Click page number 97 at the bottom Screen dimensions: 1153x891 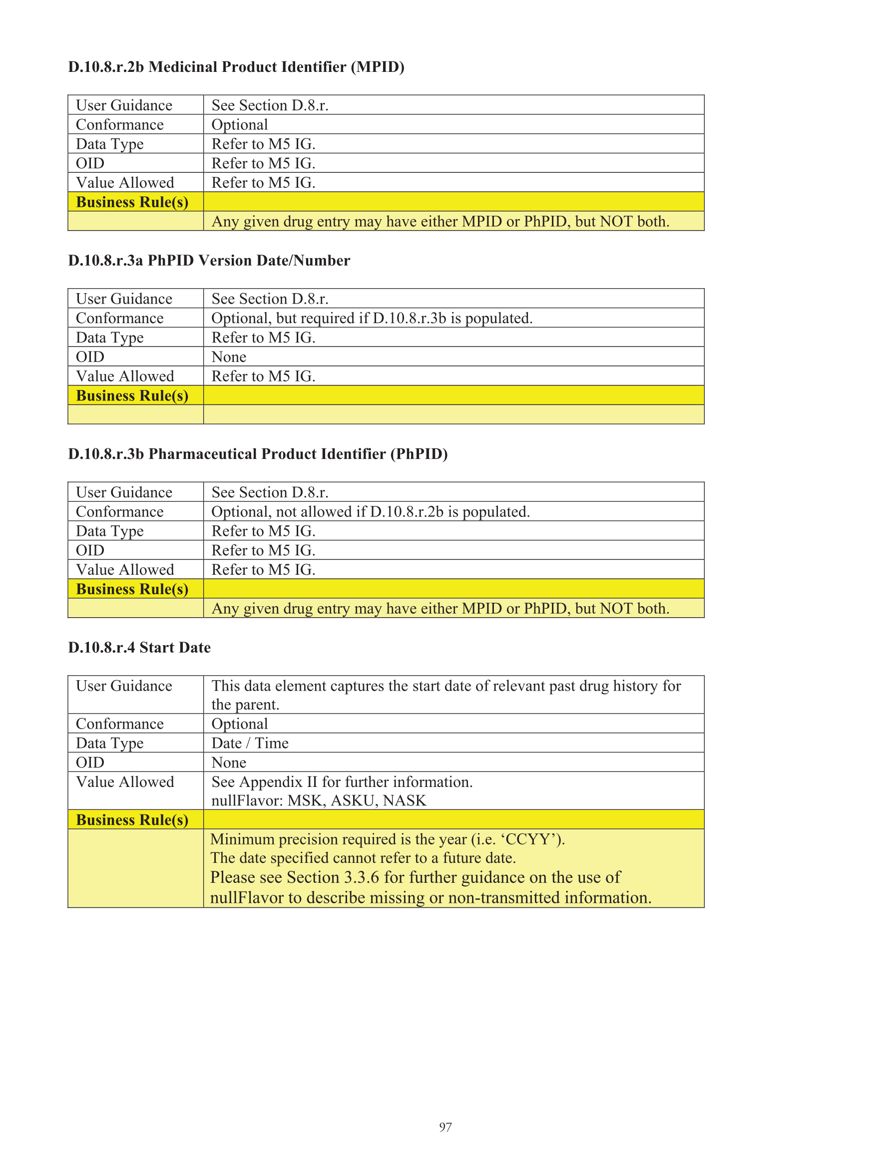point(445,1127)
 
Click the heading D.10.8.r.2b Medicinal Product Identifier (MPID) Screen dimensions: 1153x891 point(236,67)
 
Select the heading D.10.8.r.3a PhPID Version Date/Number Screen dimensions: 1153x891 point(209,261)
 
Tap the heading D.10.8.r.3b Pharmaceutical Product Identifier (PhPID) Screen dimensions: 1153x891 point(258,454)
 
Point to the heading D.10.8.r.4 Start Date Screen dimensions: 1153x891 point(139,648)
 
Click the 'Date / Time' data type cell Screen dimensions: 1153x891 point(250,744)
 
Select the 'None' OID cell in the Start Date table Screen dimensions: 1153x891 point(229,763)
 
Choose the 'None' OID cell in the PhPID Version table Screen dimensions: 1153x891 point(229,358)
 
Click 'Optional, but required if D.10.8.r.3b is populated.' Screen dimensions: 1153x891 point(372,319)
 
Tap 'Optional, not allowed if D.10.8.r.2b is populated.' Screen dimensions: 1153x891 point(370,512)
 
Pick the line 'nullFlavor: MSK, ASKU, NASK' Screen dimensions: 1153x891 point(319,801)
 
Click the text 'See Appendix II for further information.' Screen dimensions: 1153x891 point(342,782)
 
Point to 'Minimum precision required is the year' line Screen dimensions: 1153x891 point(387,839)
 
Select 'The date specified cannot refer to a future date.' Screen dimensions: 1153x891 point(363,858)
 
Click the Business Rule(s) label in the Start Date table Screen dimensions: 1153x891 point(132,820)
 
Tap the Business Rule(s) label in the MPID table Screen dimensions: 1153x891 point(132,202)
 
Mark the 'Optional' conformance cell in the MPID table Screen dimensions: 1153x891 point(240,125)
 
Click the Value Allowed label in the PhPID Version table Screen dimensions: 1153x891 point(125,377)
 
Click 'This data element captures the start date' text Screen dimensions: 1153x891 point(446,686)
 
